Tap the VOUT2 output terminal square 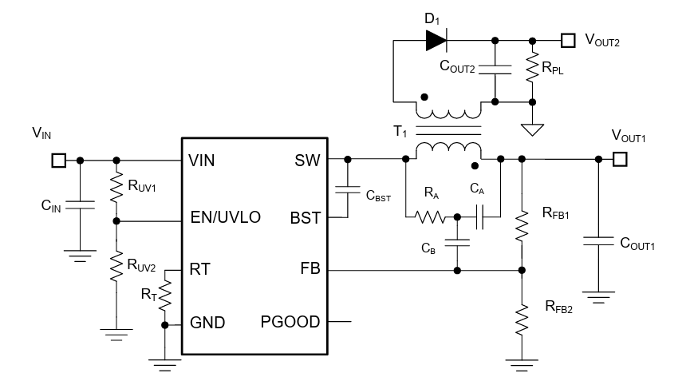(x=567, y=39)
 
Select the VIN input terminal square (x=57, y=161)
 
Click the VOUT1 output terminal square (x=620, y=160)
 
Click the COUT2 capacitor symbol (x=495, y=70)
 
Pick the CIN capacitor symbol (x=79, y=205)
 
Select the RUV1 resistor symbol (x=117, y=189)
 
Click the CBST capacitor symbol (x=348, y=189)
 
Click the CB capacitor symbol (x=457, y=244)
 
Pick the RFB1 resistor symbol (x=522, y=225)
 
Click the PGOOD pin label (x=290, y=323)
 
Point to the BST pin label (x=306, y=218)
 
